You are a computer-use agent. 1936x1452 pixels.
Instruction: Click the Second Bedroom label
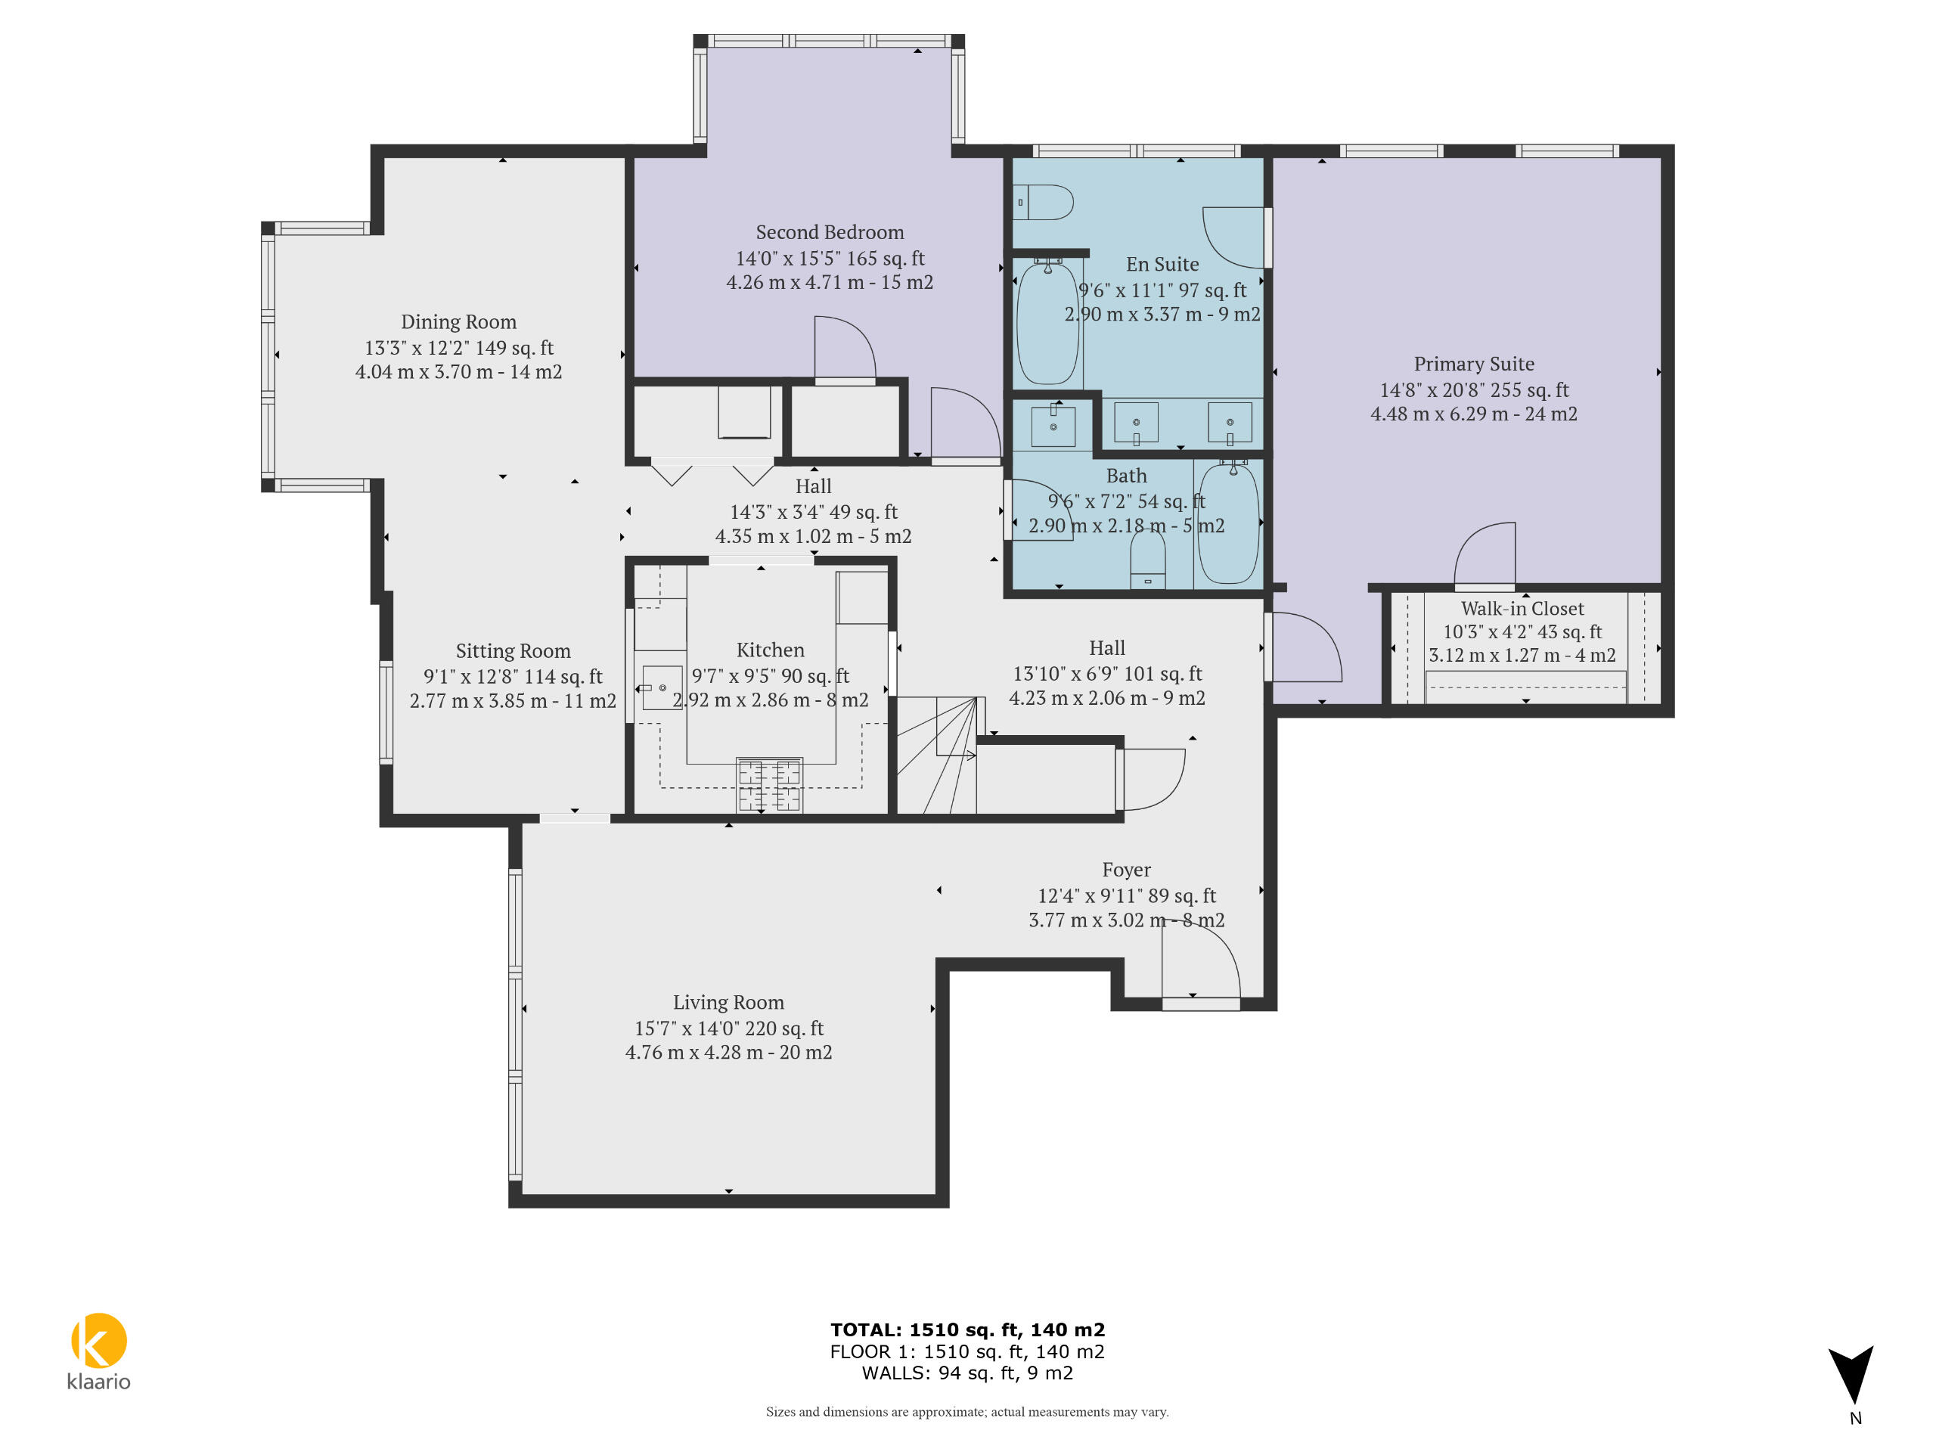(830, 232)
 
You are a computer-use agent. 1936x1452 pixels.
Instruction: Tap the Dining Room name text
(458, 322)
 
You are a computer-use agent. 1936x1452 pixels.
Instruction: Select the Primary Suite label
(1474, 364)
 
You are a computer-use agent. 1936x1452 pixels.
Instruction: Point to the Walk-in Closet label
(1522, 608)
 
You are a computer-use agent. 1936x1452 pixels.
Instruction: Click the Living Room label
(728, 1002)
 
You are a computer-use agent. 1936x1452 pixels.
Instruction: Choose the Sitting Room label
(513, 651)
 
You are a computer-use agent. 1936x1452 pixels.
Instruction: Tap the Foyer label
(1126, 870)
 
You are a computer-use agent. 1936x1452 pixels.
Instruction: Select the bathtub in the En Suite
(1047, 321)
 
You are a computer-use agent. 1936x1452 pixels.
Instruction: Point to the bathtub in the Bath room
(1228, 523)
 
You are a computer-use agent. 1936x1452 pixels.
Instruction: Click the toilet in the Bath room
(1147, 560)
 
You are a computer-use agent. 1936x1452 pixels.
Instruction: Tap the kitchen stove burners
(769, 785)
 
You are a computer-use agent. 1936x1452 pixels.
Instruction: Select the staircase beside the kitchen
(936, 755)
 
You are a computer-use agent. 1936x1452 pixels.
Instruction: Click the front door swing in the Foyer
(1201, 961)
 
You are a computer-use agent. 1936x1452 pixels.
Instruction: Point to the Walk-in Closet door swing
(1485, 554)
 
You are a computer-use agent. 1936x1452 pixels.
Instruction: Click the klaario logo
(99, 1351)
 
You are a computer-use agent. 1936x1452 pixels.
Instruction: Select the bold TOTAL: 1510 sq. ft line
(967, 1330)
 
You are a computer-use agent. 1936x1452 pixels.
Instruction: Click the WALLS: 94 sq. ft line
(967, 1373)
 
